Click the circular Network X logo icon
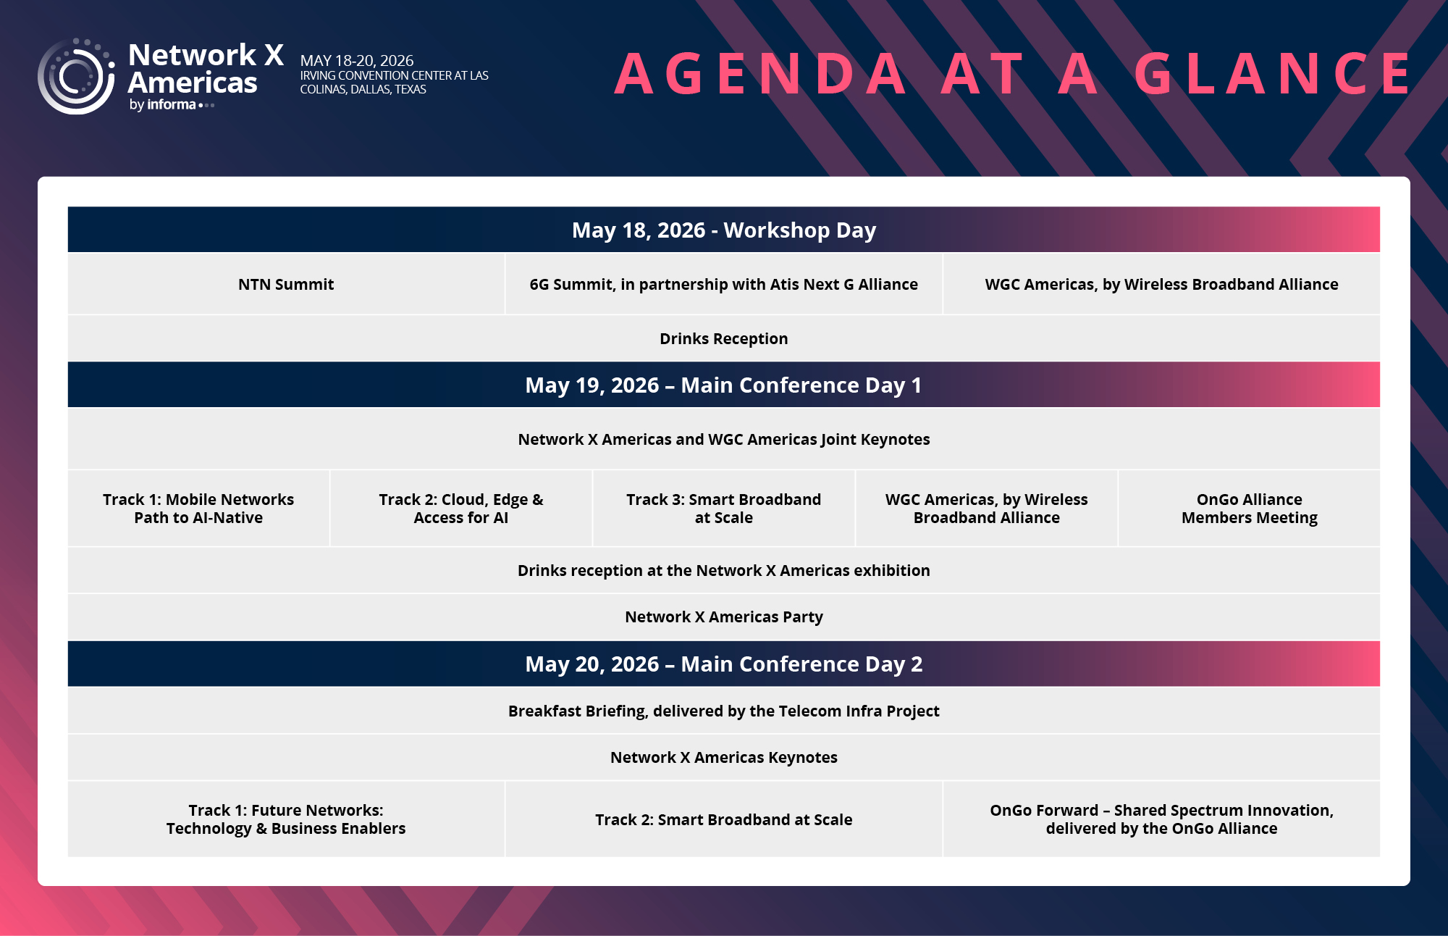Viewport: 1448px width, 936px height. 76,76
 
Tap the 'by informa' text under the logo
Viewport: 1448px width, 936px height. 163,105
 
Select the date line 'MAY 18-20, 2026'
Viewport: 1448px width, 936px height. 357,60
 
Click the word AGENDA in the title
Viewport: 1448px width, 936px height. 761,73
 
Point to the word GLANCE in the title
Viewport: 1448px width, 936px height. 1273,73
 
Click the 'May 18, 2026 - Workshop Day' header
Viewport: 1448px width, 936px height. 724,230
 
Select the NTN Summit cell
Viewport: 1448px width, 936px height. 286,284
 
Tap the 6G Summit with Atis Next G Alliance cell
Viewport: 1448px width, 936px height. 724,284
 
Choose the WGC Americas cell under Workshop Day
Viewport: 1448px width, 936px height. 1161,284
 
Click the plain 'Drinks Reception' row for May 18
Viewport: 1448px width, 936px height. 724,338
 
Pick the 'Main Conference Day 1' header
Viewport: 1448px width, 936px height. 724,385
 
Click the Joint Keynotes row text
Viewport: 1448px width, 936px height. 724,439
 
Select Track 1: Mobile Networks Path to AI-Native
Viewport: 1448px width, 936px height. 198,509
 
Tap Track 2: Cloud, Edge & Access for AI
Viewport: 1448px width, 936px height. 461,509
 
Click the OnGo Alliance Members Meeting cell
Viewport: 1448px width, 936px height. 1250,509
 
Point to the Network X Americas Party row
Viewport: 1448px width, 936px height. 724,617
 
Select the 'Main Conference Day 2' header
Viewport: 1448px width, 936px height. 724,664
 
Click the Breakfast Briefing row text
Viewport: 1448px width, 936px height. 724,711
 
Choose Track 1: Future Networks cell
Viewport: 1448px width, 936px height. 286,819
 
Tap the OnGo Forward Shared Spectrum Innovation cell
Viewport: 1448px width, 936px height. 1161,819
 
